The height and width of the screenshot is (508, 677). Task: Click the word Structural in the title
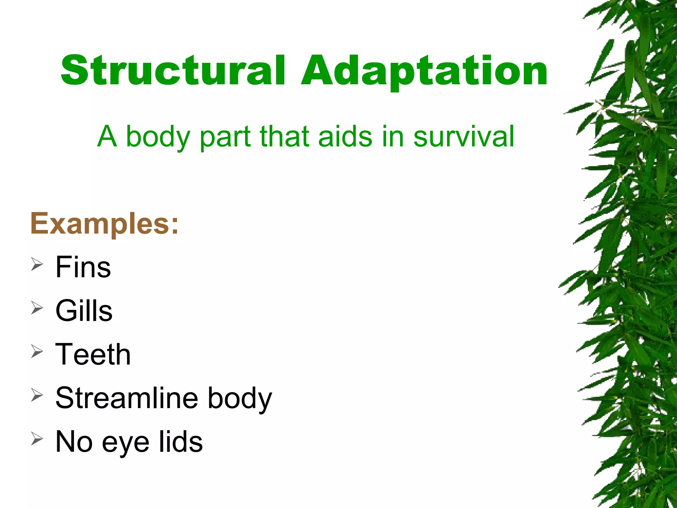tap(173, 71)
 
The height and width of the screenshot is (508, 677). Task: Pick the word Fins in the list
tap(83, 267)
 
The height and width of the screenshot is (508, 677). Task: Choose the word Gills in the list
tap(84, 311)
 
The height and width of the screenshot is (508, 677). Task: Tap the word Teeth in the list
tap(93, 354)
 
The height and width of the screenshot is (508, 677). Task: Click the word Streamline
tap(127, 398)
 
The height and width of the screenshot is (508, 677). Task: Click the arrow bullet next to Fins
tap(37, 265)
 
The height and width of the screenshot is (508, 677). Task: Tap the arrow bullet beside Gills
tap(37, 308)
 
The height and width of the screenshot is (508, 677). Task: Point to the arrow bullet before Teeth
tap(37, 352)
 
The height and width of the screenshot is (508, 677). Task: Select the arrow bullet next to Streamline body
tap(37, 395)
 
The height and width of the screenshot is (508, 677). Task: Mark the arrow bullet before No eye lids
tap(37, 439)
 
